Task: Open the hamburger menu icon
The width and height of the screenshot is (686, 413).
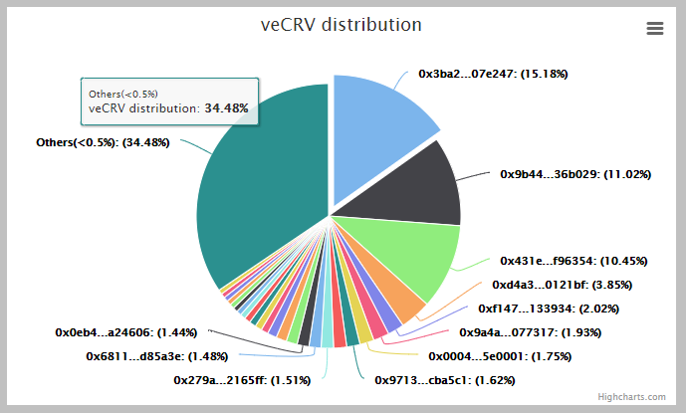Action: pos(655,29)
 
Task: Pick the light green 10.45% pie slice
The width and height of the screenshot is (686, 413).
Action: pos(413,259)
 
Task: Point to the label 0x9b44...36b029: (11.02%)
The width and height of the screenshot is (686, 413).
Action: pos(574,174)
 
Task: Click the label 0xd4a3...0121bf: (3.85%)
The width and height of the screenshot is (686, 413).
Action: pos(563,285)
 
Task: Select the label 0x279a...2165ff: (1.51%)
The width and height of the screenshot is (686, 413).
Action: pos(242,380)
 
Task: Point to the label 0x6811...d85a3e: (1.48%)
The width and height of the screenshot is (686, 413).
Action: pos(157,356)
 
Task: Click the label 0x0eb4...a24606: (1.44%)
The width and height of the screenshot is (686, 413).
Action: pos(126,332)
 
